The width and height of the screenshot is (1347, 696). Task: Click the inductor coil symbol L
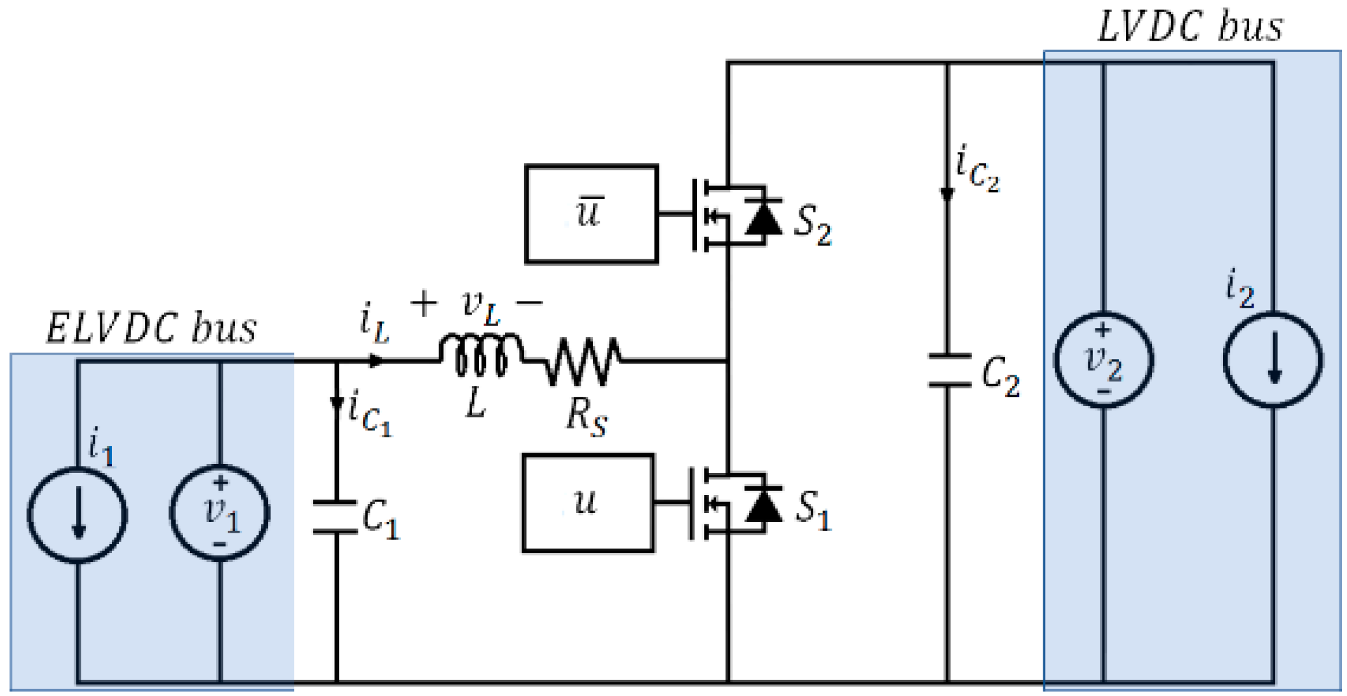(481, 356)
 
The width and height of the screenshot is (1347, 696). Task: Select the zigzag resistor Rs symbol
(581, 361)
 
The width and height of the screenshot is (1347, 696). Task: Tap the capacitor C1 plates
(335, 517)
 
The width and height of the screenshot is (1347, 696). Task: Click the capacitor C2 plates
(949, 371)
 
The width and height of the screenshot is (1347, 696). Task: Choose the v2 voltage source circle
(1104, 360)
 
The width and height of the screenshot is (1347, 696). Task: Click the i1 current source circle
(78, 515)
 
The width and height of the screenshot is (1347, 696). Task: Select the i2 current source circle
(1273, 360)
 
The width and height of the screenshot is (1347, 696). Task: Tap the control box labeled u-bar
(591, 214)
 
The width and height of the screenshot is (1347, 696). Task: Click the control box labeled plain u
(588, 503)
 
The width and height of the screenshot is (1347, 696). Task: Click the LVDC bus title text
(1190, 27)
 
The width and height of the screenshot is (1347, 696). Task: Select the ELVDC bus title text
(151, 329)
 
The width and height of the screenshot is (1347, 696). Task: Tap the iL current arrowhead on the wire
(377, 361)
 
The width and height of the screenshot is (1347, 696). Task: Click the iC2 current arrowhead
(947, 194)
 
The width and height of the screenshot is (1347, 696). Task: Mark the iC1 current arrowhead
(336, 404)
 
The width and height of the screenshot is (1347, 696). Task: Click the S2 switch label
(812, 226)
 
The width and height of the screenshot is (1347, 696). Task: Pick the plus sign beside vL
(424, 303)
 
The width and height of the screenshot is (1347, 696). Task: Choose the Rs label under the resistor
(586, 418)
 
